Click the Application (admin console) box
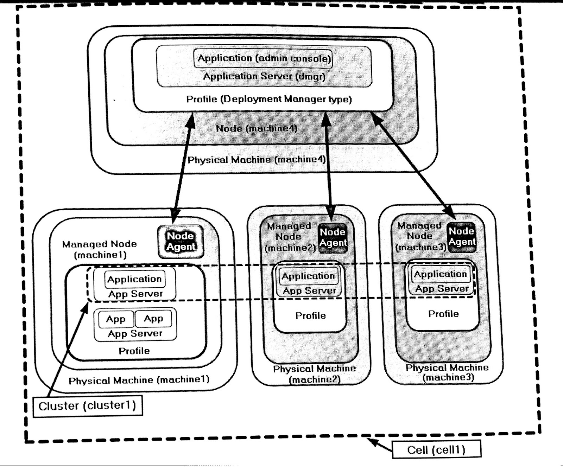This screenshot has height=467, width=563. (x=263, y=58)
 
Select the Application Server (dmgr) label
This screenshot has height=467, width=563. (x=264, y=76)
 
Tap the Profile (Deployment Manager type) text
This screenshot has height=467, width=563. (x=269, y=99)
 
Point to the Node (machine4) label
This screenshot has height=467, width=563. (x=257, y=128)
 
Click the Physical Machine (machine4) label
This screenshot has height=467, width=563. (x=257, y=160)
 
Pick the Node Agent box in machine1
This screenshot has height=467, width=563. (x=181, y=241)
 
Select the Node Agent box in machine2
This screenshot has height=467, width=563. (x=333, y=237)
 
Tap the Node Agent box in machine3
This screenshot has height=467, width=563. (x=462, y=236)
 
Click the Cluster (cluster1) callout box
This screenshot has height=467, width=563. (x=87, y=406)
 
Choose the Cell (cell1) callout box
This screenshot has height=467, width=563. (x=436, y=450)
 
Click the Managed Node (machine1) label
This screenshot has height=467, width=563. (x=100, y=249)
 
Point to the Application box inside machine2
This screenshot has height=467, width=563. (x=308, y=276)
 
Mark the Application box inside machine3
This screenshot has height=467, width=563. (x=440, y=274)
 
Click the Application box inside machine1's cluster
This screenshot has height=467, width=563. (x=134, y=279)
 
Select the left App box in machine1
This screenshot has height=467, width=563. (x=116, y=319)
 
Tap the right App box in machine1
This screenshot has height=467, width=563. (x=153, y=319)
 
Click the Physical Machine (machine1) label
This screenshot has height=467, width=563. (x=139, y=380)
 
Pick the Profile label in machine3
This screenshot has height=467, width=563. (x=443, y=314)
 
